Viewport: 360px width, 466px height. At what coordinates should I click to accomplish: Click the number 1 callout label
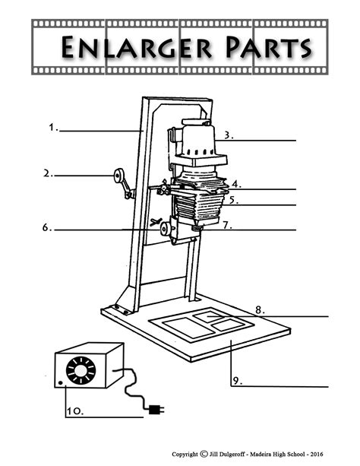coord(53,128)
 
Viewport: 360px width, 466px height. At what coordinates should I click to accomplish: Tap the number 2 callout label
coord(48,173)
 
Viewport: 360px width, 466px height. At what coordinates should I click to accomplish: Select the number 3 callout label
coord(229,135)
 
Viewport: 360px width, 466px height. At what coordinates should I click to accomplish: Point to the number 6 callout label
coord(47,227)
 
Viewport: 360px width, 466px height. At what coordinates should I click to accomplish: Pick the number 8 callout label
coord(260,310)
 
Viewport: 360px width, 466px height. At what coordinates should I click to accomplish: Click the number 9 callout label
coord(237,381)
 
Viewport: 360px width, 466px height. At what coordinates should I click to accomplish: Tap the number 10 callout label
coord(75,411)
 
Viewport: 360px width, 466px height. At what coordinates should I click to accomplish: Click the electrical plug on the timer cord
coord(156,410)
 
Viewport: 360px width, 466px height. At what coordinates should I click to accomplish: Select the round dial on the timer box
coord(81,370)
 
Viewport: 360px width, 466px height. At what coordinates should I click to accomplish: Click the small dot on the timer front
coord(61,383)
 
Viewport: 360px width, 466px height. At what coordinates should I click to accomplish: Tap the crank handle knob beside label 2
coord(118,176)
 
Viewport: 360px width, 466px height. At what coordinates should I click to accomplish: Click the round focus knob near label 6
coord(165,230)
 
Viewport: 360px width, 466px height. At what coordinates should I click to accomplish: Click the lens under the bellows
coord(197,228)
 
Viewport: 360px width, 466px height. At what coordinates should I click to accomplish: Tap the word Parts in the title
coord(268,47)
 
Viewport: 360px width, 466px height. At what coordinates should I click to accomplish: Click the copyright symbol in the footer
coord(204,454)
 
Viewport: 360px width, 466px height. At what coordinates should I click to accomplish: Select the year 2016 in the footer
coord(316,454)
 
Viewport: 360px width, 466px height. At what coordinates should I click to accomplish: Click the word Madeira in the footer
coord(261,454)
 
